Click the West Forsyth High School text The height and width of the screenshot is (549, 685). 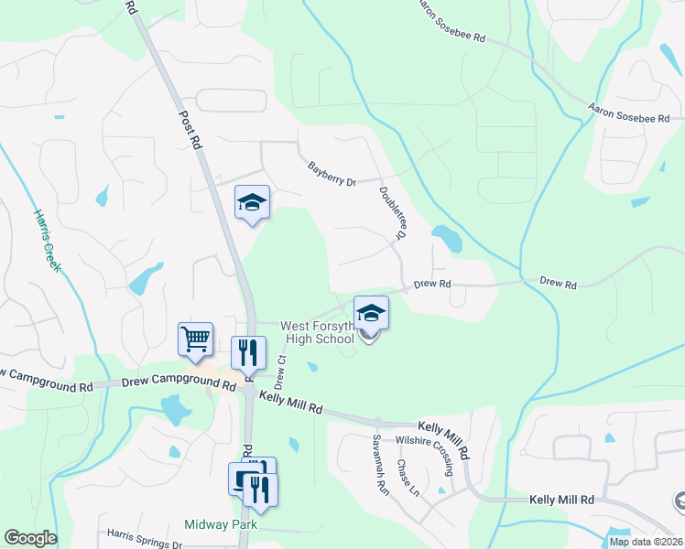click(317, 332)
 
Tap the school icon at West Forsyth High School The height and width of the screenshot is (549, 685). click(371, 313)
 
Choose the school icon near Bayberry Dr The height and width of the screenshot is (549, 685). click(253, 202)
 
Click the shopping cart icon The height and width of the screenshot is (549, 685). click(196, 339)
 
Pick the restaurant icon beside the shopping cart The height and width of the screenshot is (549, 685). click(248, 352)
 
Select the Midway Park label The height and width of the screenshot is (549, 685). click(220, 525)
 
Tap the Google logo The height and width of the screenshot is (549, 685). click(30, 538)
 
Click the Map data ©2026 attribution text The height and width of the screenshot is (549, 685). click(646, 542)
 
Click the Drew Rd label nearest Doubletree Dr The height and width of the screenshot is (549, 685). click(432, 285)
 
